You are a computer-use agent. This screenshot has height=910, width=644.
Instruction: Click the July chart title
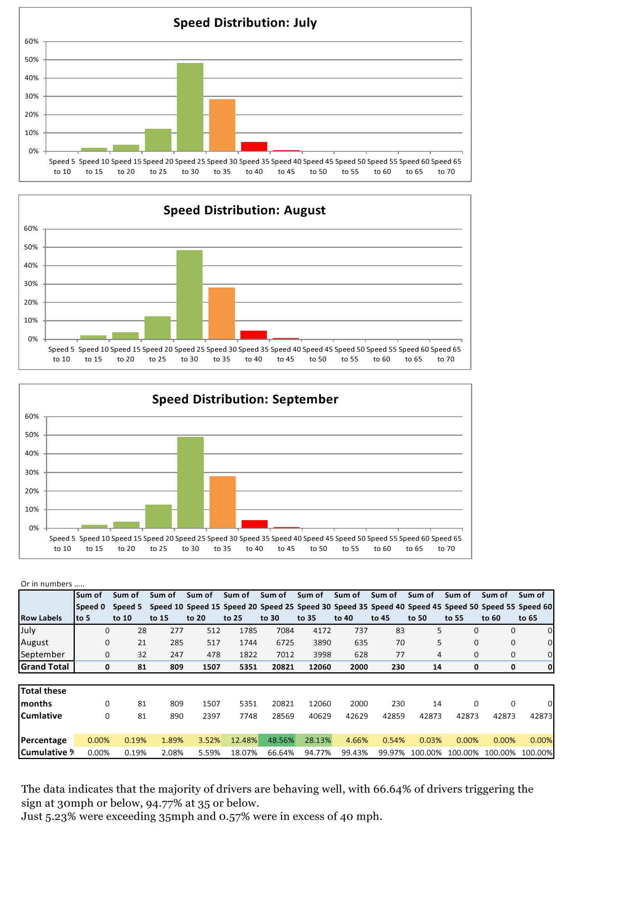(x=245, y=23)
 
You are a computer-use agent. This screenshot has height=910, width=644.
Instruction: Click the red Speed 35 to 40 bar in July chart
(x=254, y=146)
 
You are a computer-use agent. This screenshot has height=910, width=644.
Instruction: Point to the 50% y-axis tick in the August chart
(x=30, y=247)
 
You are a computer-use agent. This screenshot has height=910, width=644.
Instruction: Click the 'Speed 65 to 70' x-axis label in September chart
(x=446, y=544)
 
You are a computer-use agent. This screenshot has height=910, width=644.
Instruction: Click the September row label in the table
(x=42, y=654)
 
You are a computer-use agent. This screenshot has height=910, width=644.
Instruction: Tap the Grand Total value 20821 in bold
(x=282, y=667)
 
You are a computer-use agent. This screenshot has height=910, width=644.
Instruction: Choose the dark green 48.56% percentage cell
(x=281, y=740)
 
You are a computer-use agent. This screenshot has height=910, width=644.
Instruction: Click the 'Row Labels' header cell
(x=41, y=618)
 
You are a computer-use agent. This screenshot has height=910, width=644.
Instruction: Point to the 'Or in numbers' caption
(x=52, y=584)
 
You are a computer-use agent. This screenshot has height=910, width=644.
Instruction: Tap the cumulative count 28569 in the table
(x=282, y=716)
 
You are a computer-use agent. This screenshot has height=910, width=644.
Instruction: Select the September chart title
(x=245, y=399)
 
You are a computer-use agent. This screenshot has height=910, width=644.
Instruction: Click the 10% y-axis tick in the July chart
(x=32, y=133)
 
